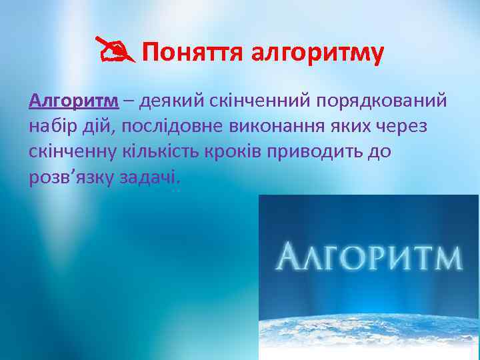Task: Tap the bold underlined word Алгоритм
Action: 73,101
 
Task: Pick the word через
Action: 411,126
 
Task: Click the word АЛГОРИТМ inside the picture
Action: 369,257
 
